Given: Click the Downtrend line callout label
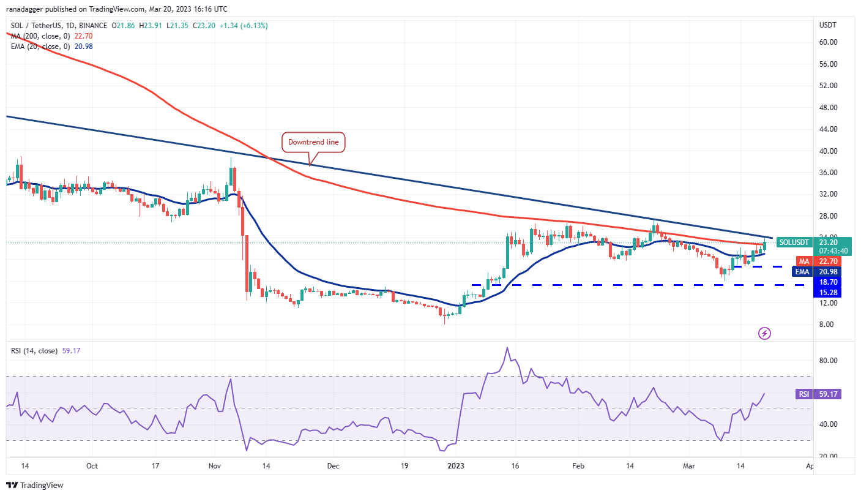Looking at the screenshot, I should point(314,142).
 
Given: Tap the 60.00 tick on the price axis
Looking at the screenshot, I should point(829,42).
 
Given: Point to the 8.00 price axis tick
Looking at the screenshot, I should point(827,325).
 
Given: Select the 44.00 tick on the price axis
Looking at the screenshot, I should point(829,129).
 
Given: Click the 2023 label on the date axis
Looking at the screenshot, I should point(455,465).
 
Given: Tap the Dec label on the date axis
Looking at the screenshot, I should point(333,465).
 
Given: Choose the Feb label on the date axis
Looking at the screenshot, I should point(578,465).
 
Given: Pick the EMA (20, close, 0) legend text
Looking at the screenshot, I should point(40,46).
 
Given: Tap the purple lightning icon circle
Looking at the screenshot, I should point(764,333).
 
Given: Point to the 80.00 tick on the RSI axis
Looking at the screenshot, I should point(829,361).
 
